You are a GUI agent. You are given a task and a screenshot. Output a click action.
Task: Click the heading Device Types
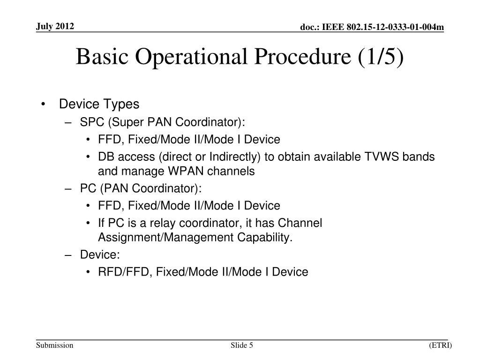[x=99, y=104]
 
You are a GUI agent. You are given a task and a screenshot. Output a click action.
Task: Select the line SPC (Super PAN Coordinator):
[x=163, y=122]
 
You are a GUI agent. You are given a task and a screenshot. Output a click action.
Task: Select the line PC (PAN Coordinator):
[x=141, y=188]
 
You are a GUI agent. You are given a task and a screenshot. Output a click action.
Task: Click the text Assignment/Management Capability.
[x=195, y=238]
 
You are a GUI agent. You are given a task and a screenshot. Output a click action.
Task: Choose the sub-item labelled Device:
[x=100, y=255]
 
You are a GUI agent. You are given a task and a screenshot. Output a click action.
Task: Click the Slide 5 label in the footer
[x=242, y=345]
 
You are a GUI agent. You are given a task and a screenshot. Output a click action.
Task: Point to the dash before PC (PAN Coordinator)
[x=69, y=188]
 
